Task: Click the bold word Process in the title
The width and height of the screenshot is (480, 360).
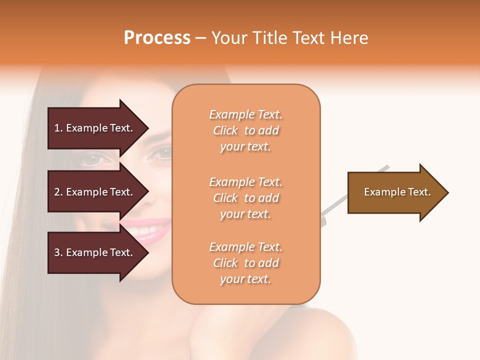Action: (157, 38)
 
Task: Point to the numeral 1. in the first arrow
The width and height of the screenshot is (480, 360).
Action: (58, 128)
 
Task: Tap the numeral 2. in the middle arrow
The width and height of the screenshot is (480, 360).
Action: (58, 192)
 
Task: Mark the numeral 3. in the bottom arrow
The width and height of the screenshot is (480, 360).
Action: (58, 252)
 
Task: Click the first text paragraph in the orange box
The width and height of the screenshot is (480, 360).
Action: (245, 130)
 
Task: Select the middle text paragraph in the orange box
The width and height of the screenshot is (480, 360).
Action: (245, 198)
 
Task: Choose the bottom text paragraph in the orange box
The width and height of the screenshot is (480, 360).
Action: (245, 263)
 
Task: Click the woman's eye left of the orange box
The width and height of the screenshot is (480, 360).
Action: (95, 159)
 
